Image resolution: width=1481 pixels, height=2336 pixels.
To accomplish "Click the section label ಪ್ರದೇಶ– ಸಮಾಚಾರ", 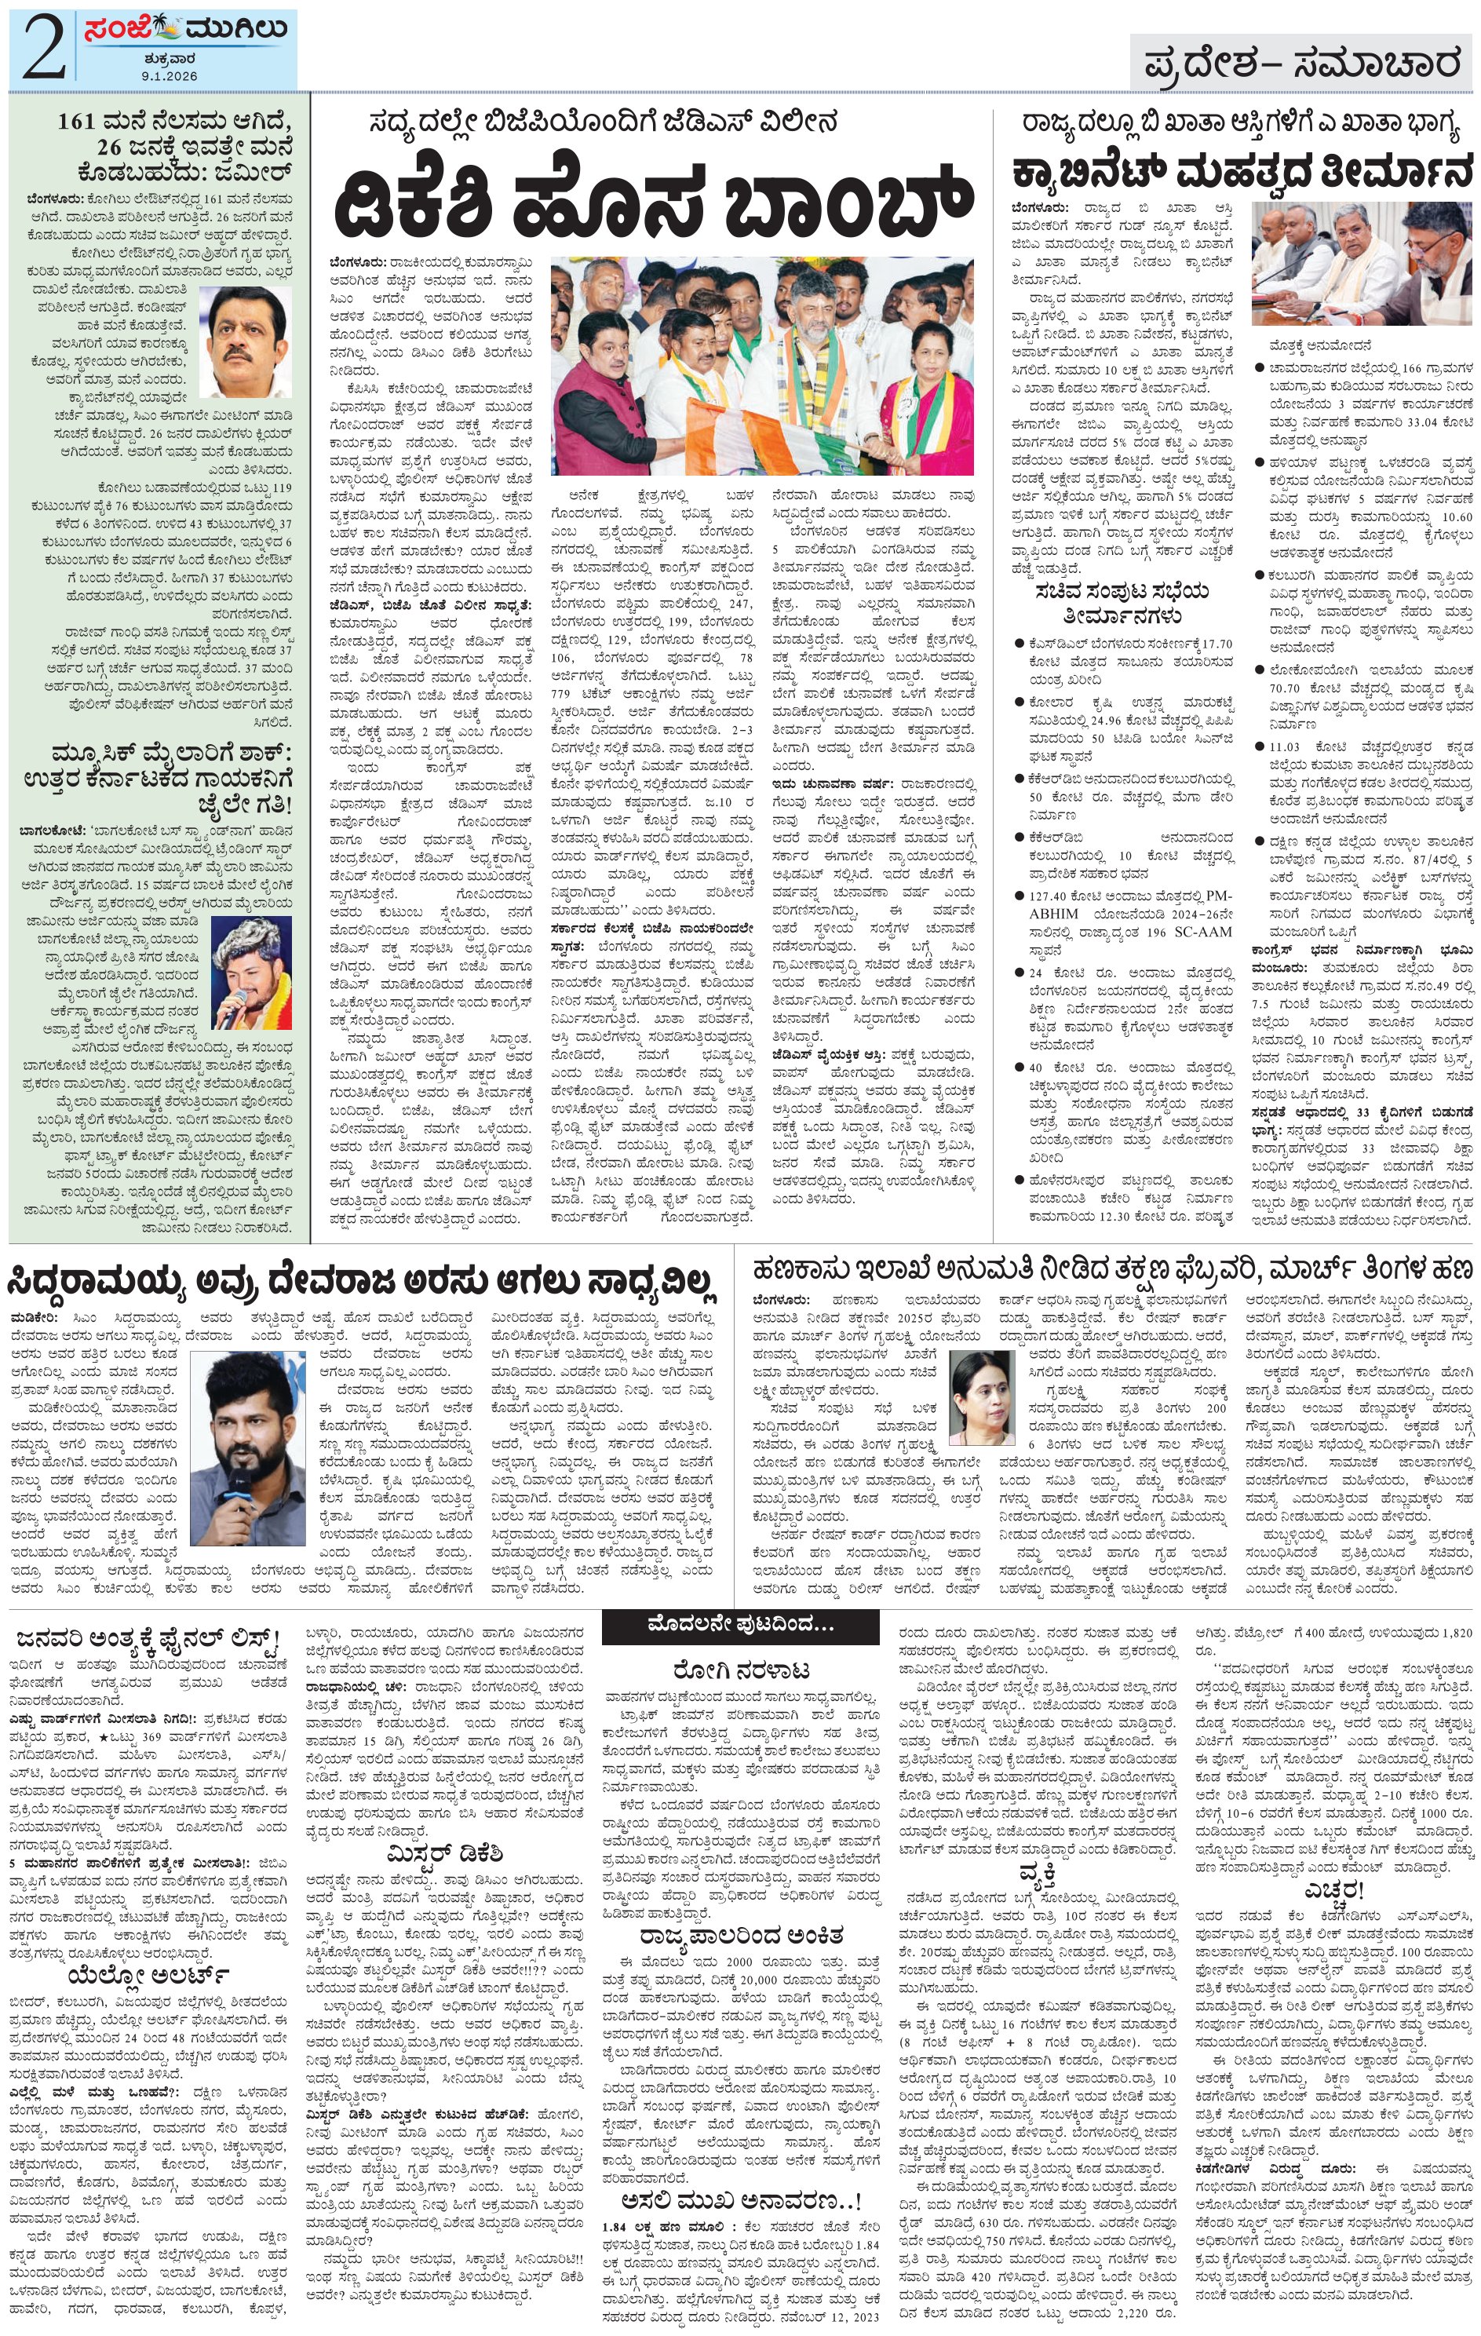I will tap(1300, 64).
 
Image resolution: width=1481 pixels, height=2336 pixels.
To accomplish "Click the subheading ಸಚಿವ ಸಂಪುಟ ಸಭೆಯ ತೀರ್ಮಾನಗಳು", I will tap(1123, 604).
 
